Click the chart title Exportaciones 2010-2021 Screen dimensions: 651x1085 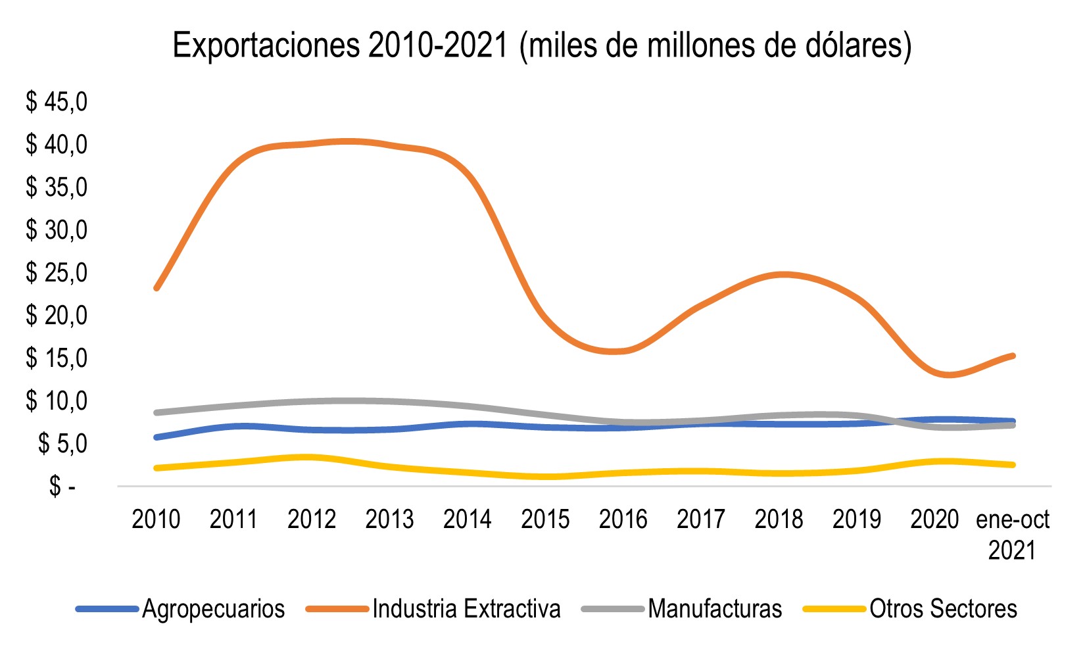542,46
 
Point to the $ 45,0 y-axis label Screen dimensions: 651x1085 56,102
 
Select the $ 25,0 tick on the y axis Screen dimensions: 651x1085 56,272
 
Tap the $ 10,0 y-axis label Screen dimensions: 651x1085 56,400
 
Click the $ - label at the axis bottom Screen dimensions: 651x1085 62,487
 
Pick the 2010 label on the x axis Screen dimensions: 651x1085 156,519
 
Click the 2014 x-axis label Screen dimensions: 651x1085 468,519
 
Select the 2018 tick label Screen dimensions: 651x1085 779,519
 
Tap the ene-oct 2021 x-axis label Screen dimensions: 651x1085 1013,534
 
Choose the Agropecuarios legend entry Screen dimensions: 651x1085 213,609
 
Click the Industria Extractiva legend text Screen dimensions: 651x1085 466,609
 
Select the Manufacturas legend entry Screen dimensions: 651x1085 715,609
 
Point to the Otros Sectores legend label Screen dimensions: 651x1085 943,609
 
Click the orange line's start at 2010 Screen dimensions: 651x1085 157,288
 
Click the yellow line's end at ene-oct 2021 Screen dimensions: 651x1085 1013,465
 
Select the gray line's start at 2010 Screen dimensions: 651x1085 157,412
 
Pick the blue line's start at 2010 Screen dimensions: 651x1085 157,437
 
